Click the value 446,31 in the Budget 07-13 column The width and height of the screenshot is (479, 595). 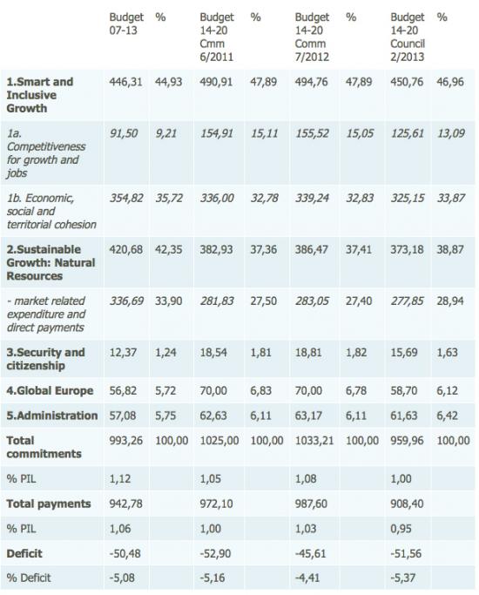[x=126, y=82]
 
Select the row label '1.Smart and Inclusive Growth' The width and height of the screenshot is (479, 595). [x=40, y=95]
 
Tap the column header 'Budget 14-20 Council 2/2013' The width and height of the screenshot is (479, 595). [x=408, y=37]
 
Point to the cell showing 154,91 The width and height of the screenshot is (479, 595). [x=217, y=133]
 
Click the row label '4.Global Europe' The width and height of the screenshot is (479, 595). [x=50, y=391]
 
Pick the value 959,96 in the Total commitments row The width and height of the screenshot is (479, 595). [x=407, y=441]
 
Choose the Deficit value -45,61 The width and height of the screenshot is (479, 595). [x=311, y=554]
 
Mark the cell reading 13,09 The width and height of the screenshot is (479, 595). [x=450, y=133]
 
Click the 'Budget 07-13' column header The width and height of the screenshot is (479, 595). [x=126, y=24]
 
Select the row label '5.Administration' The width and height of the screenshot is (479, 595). [x=52, y=416]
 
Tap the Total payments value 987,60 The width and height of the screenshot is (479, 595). [x=312, y=504]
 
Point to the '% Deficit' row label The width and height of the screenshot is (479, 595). [x=29, y=578]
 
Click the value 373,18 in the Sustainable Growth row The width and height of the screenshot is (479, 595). [x=407, y=250]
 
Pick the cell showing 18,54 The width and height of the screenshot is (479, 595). [x=213, y=353]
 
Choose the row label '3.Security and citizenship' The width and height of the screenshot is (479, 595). [x=45, y=359]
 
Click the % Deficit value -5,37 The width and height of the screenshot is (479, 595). [x=406, y=578]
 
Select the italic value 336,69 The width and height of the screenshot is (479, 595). [x=126, y=301]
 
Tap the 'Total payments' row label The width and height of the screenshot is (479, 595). [x=49, y=504]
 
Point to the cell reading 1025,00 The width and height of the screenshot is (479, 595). [x=219, y=441]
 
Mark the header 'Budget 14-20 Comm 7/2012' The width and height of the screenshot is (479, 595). [x=312, y=37]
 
